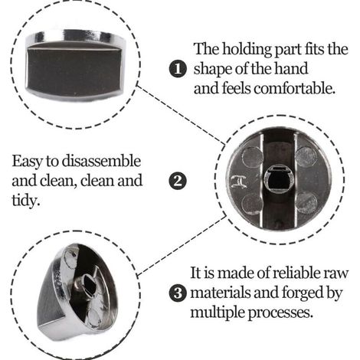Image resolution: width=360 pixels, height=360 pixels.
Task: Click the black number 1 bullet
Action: coord(178,70)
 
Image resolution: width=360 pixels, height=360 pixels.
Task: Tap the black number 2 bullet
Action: coord(178,182)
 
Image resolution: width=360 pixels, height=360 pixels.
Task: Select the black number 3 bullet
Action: coord(178,293)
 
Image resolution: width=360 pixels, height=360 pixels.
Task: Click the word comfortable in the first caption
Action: coord(294,89)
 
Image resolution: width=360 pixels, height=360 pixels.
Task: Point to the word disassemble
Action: coord(101,161)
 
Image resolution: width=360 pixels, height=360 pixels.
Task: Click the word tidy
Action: coord(26,201)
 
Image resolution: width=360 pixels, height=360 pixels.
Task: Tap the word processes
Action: coord(280,313)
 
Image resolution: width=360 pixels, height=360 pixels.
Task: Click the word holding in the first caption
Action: coord(247,50)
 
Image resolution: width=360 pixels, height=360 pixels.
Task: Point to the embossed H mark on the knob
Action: coord(239,182)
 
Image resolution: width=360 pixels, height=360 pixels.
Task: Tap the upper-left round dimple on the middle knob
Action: coord(252,156)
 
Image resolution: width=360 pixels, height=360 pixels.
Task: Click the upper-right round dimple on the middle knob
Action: coord(306,156)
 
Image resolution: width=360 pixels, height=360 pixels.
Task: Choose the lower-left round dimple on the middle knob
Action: coord(252,204)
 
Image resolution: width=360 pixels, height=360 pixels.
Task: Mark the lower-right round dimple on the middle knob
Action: coord(306,203)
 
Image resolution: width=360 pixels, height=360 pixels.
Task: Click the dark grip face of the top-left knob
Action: coord(74,70)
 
